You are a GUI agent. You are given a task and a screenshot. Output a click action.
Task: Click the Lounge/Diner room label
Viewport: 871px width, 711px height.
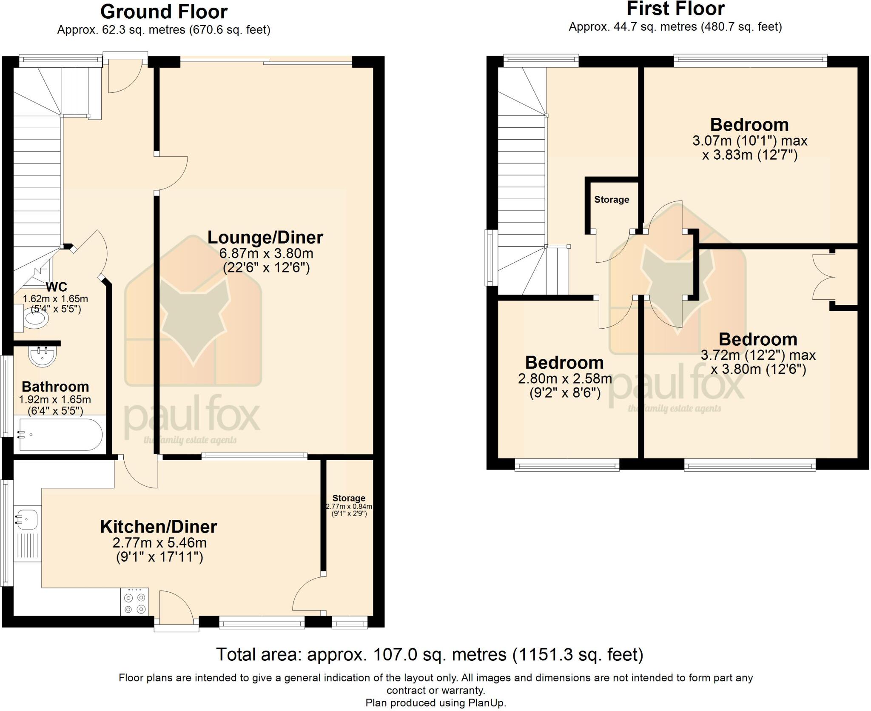[x=265, y=238]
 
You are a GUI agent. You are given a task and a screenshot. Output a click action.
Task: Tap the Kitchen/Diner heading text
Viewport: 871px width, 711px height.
[x=159, y=527]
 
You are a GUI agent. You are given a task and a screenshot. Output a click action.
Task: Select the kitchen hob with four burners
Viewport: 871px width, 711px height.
[x=134, y=601]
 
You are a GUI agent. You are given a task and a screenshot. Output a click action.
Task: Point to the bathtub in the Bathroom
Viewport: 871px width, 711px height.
[x=58, y=435]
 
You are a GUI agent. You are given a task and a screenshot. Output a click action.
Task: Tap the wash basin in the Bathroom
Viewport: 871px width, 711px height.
[x=42, y=356]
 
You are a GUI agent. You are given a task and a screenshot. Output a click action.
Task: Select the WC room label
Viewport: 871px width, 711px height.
[x=56, y=287]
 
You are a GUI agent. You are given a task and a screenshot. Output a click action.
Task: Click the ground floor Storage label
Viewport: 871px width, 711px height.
[x=349, y=498]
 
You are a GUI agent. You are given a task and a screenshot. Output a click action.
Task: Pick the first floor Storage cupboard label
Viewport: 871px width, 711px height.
[x=612, y=200]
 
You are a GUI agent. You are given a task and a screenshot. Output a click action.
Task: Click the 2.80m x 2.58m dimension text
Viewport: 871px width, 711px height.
[x=565, y=378]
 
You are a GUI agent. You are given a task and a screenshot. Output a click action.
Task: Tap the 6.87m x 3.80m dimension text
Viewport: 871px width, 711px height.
[x=266, y=254]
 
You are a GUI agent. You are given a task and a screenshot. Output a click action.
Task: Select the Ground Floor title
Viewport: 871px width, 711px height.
[x=164, y=12]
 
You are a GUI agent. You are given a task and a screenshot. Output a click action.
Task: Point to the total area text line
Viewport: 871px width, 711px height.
[x=430, y=654]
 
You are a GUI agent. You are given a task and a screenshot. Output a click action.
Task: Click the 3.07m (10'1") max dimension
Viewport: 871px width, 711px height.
[x=749, y=140]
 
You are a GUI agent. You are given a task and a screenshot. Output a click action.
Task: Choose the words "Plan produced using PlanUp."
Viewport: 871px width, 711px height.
[x=435, y=702]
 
